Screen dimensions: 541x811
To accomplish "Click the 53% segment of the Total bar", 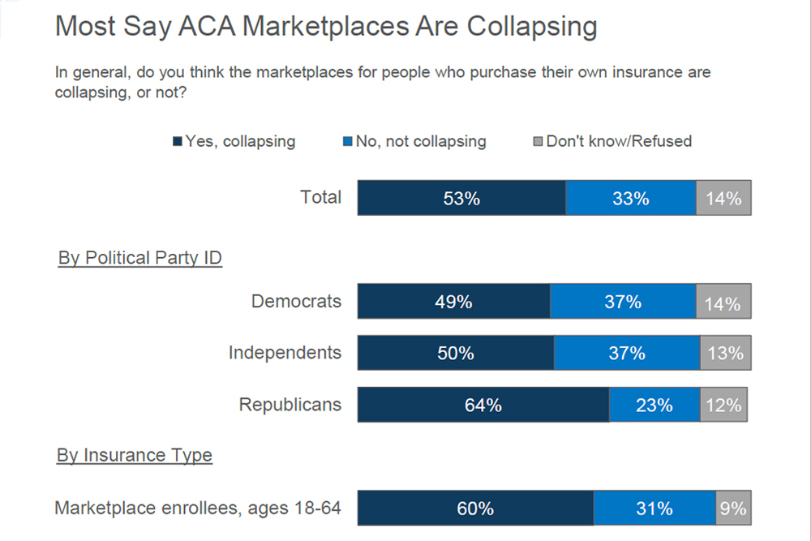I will (x=461, y=198).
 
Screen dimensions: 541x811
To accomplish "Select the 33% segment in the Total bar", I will (x=630, y=198).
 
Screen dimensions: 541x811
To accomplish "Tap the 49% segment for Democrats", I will (x=453, y=302).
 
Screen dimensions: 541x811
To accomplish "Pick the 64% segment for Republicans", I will (x=483, y=405).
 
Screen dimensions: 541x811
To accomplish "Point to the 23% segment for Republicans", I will (x=654, y=405).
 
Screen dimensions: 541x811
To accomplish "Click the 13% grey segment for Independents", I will (x=725, y=354).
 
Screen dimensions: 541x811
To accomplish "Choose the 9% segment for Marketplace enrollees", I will (x=733, y=509).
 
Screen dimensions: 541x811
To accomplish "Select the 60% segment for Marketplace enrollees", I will (x=474, y=509).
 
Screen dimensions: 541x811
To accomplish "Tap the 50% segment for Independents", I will (x=455, y=354).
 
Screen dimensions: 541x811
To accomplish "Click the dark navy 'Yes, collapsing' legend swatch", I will (x=178, y=142).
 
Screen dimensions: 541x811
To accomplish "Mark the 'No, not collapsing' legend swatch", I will (x=348, y=142).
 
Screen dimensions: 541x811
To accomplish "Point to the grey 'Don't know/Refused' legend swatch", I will (x=539, y=142).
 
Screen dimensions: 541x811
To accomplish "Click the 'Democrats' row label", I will (x=296, y=301).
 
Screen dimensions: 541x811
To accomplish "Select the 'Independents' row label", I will (x=285, y=353).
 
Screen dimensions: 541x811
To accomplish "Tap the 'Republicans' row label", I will (x=290, y=404).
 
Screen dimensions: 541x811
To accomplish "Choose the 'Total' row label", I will (x=320, y=197).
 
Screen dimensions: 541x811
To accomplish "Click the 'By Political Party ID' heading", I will (x=140, y=258).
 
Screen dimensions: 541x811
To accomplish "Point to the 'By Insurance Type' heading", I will (x=135, y=456).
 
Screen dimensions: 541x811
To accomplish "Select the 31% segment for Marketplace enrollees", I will (x=654, y=509).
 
